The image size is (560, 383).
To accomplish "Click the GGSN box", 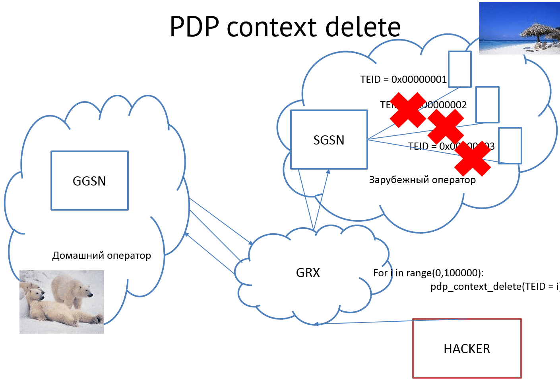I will (89, 180).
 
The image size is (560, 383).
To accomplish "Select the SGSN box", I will (329, 140).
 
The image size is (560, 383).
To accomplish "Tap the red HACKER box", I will (467, 348).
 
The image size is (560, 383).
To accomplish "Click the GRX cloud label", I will (308, 273).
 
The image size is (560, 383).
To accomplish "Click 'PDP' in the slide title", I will (194, 27).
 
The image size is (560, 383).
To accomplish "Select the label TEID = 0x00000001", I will (403, 80).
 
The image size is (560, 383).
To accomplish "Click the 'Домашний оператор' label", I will (101, 256).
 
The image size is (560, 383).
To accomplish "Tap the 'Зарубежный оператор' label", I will (422, 180).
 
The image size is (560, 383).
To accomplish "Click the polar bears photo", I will (62, 302).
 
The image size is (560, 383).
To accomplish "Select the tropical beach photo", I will (519, 28).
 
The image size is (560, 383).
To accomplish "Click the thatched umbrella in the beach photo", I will (537, 30).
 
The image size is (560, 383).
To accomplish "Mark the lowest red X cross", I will (473, 158).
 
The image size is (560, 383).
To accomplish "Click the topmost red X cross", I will (408, 110).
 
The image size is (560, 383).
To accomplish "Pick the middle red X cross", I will (446, 126).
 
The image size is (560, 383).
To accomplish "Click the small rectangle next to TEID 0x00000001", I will (459, 69).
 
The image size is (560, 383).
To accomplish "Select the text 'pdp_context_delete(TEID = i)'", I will (494, 287).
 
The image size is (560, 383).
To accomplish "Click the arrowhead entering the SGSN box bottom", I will (328, 172).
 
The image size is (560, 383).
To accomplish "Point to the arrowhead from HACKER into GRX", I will (316, 324).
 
